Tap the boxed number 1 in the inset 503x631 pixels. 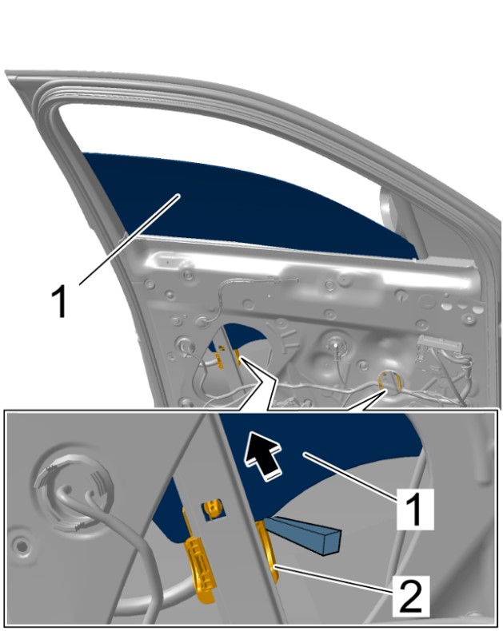[415, 510]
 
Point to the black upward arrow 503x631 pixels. [263, 454]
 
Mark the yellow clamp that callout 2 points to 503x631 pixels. [267, 550]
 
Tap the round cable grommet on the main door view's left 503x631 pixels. [186, 347]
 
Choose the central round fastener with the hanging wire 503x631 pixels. [334, 344]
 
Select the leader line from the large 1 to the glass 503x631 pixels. [130, 240]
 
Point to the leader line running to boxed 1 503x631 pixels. [351, 475]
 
